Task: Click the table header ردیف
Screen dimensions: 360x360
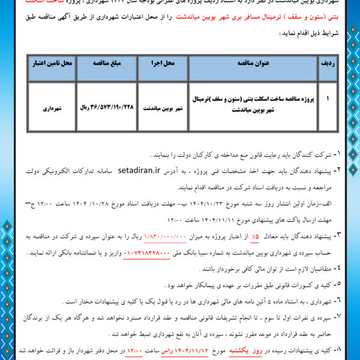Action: coord(328,62)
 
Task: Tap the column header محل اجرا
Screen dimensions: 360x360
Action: coord(162,62)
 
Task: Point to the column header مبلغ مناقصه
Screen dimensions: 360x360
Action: coord(106,62)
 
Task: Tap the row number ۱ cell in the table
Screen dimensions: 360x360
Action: coord(328,95)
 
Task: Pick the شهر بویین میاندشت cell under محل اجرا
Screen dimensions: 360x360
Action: coord(161,110)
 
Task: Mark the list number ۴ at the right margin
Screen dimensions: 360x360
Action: coord(337,267)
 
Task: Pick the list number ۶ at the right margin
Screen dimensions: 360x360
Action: coord(337,299)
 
